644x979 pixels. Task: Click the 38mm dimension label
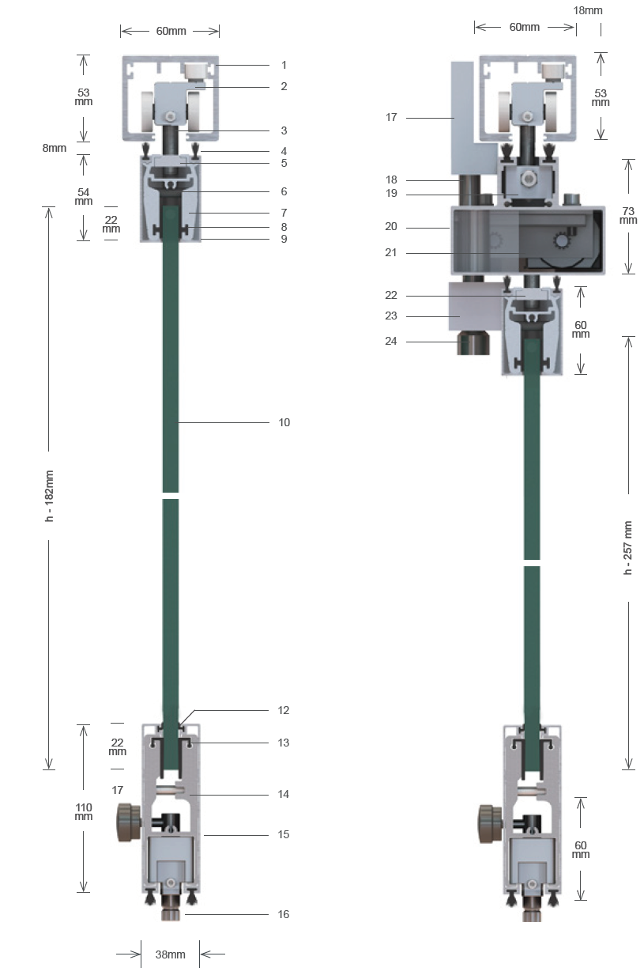coord(170,954)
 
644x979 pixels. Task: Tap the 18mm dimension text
coord(588,10)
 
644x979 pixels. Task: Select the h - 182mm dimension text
coord(49,496)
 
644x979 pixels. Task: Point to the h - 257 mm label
coord(628,548)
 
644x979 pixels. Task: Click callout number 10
coord(284,422)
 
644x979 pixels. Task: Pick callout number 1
coord(284,65)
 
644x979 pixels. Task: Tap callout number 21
coord(391,252)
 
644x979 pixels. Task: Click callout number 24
coord(391,342)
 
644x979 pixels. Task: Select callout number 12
coord(284,710)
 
